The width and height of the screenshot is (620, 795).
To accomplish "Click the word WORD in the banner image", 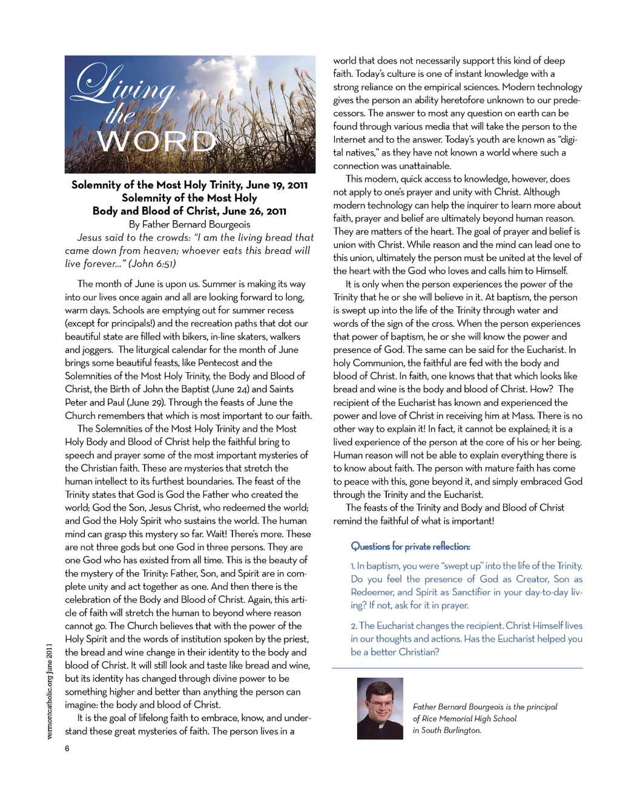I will pyautogui.click(x=156, y=142).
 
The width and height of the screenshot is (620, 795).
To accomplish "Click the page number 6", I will pyautogui.click(x=67, y=748).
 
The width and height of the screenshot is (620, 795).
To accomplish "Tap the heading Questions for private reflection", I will pyautogui.click(x=410, y=546).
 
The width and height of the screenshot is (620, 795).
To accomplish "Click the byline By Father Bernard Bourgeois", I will pyautogui.click(x=190, y=224).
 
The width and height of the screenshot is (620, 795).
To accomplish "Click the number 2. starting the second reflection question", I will pyautogui.click(x=354, y=626).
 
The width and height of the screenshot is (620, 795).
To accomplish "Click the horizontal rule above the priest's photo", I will pyautogui.click(x=457, y=668).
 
